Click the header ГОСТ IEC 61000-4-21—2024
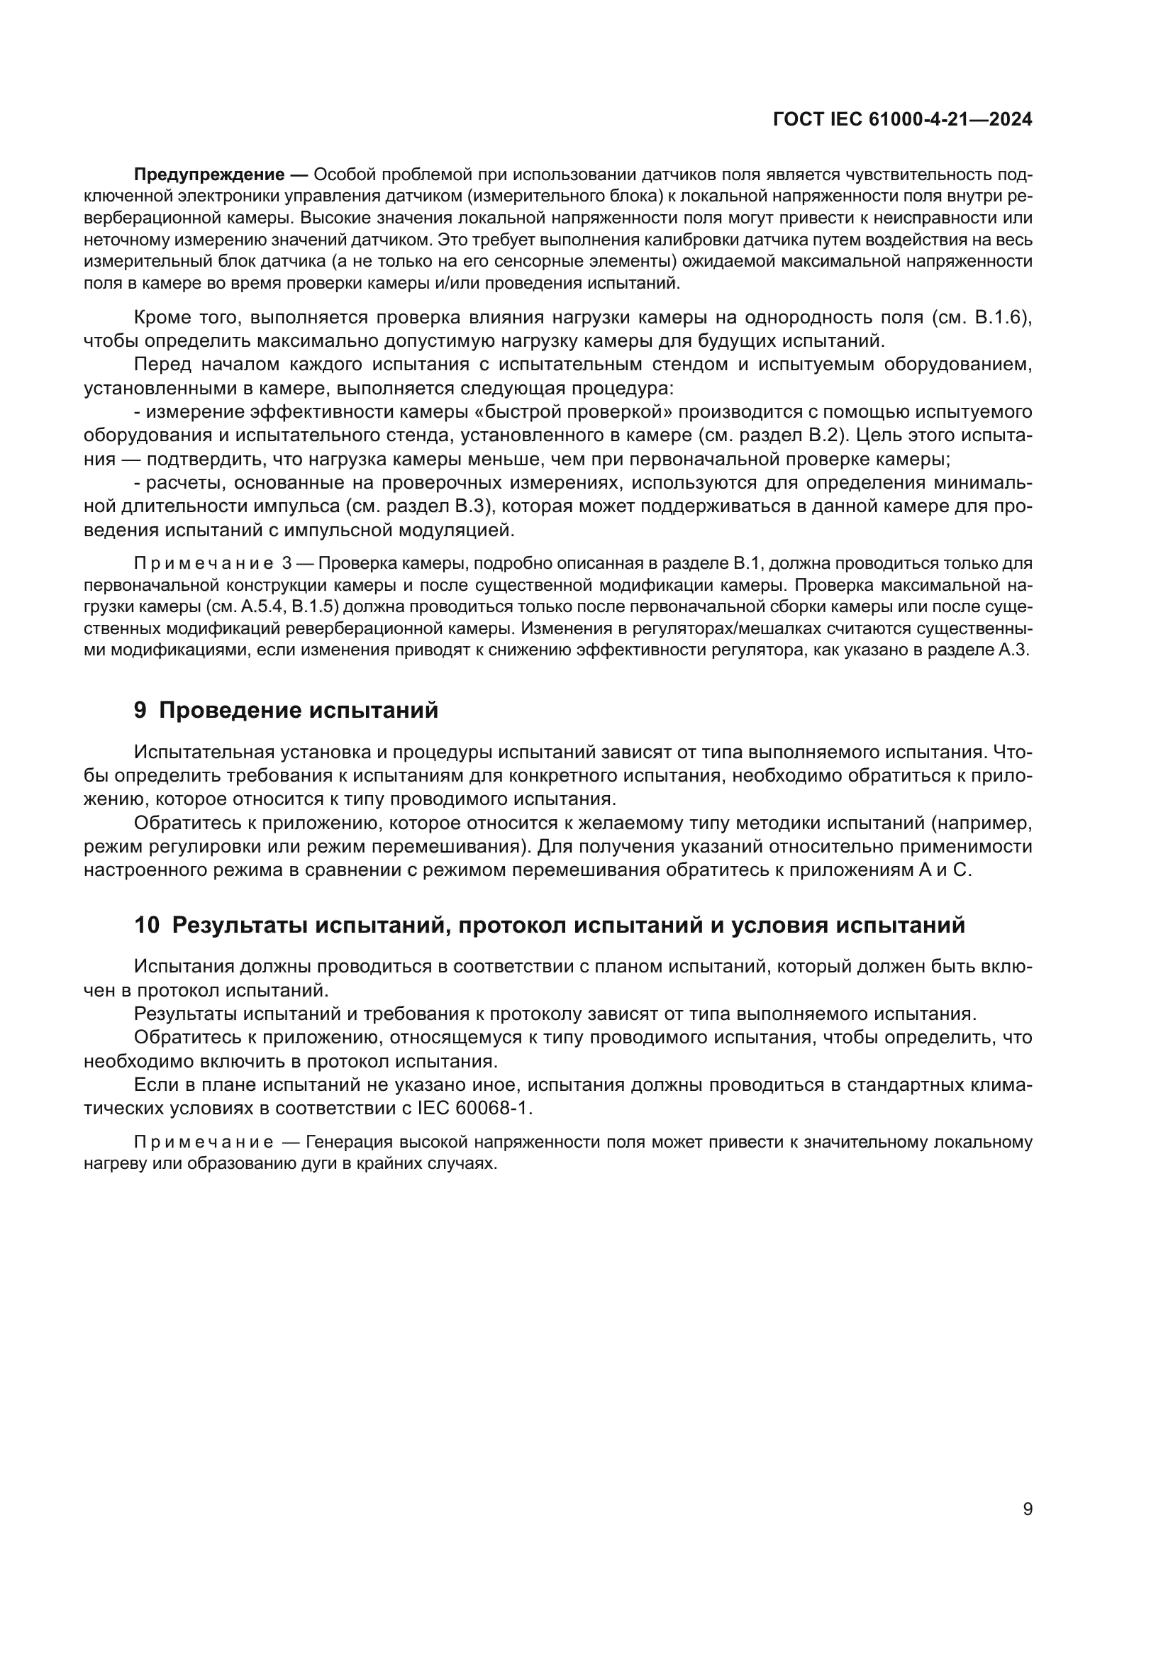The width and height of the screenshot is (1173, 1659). [902, 119]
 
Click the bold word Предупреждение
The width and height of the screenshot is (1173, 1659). [209, 174]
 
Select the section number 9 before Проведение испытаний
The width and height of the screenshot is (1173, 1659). [140, 710]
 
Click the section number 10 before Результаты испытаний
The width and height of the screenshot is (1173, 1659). [147, 925]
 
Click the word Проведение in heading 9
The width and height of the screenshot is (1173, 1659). [230, 710]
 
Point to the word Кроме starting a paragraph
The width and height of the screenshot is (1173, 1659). [163, 317]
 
